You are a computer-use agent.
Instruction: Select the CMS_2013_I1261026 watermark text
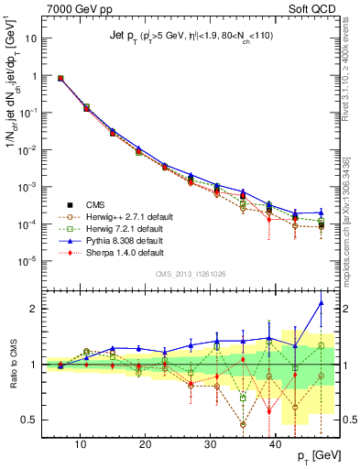point(191,274)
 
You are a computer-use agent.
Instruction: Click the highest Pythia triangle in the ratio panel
point(321,303)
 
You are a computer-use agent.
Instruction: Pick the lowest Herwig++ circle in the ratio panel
point(243,424)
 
